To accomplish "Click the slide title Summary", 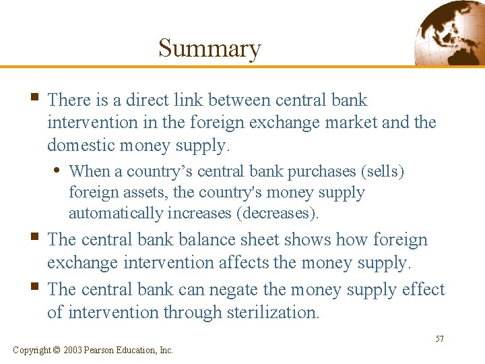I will click(x=209, y=49).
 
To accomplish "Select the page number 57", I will click(x=439, y=338).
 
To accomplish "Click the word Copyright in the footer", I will click(x=32, y=350).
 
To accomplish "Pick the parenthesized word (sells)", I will click(x=383, y=171).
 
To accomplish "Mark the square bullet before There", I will click(x=35, y=99).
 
